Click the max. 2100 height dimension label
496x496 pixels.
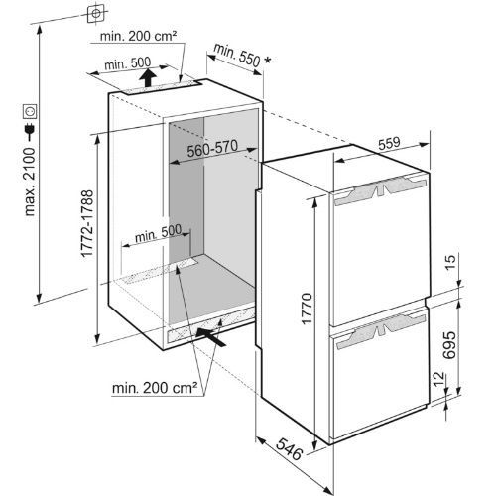click(30, 182)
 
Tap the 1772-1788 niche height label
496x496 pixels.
click(87, 223)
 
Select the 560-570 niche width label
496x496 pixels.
click(212, 149)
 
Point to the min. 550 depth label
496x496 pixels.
click(237, 55)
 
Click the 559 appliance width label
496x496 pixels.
click(389, 143)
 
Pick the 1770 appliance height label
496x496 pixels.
click(307, 309)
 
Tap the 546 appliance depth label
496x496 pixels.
click(290, 448)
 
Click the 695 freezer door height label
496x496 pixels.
click(449, 345)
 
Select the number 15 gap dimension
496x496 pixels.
click(450, 262)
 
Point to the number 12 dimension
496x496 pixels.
click(438, 380)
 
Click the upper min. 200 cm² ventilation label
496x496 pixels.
click(138, 36)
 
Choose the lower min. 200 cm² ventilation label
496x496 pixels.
click(155, 388)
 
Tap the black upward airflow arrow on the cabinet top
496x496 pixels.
click(148, 77)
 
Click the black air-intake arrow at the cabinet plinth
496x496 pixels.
click(211, 337)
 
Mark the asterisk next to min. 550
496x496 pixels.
click(267, 60)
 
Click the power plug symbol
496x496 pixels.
click(30, 130)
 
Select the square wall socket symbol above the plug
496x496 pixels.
click(30, 111)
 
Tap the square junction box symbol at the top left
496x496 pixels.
click(96, 13)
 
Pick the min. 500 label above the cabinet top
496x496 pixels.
click(128, 63)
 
